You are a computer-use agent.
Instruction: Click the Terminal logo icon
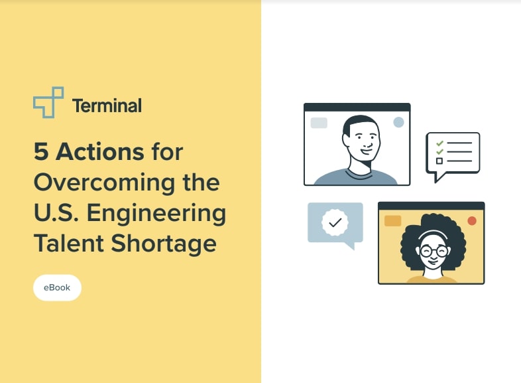pos(48,103)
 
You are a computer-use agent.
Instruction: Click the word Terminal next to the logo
pos(107,105)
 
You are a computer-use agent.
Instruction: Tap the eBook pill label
pos(57,287)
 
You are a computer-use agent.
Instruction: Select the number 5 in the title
pos(41,152)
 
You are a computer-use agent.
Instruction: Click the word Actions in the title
pos(99,152)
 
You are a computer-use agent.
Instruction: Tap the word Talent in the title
pos(67,244)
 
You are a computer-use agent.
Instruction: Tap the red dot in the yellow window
pos(472,220)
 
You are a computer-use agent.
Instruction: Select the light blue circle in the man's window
pos(398,122)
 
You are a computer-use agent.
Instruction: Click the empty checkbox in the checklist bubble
pos(439,161)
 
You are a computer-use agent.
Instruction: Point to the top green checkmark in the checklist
pos(439,143)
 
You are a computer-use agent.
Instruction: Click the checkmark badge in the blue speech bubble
pos(335,222)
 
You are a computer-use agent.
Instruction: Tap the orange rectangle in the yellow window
pos(392,221)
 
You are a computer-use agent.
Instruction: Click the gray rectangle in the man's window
pos(319,123)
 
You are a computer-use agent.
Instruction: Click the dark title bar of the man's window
pos(357,107)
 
